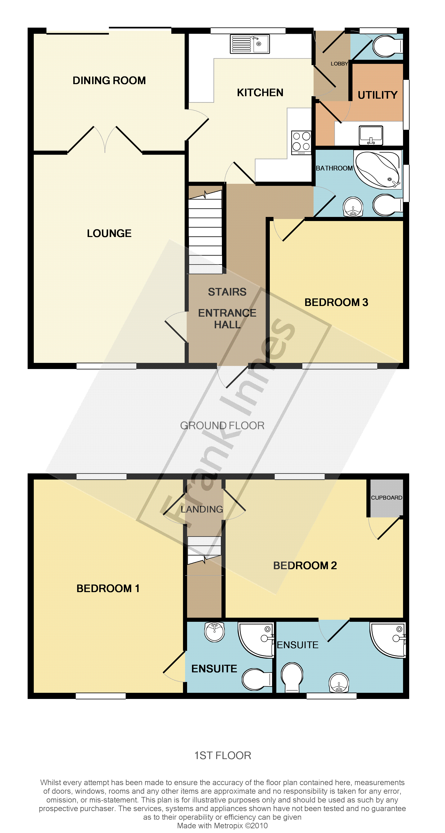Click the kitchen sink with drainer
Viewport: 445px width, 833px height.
tap(250, 44)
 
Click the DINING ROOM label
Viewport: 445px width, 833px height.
tap(109, 80)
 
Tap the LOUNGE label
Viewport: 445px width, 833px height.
tap(109, 234)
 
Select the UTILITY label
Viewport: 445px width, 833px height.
tap(377, 95)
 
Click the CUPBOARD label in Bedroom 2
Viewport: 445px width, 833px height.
tap(386, 498)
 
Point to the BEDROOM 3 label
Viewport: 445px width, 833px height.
tap(336, 302)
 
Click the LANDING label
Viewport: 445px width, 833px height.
tap(202, 509)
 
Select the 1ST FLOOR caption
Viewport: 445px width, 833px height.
tap(222, 755)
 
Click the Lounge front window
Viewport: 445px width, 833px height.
tap(106, 366)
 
